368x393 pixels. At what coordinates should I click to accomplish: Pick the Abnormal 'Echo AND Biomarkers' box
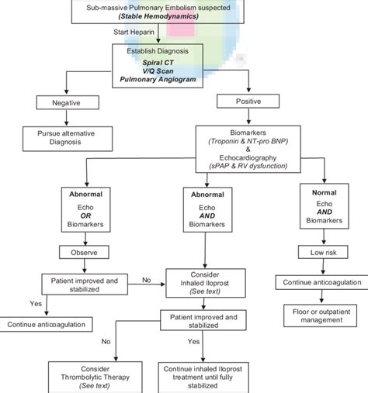click(204, 210)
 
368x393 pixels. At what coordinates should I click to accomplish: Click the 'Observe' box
click(86, 251)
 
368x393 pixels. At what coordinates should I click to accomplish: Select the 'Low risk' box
click(320, 251)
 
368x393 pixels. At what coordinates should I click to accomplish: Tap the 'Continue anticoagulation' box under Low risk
click(320, 283)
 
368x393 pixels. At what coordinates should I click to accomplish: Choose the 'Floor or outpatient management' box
click(320, 315)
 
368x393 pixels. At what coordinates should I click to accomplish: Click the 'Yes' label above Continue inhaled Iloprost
click(193, 341)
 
